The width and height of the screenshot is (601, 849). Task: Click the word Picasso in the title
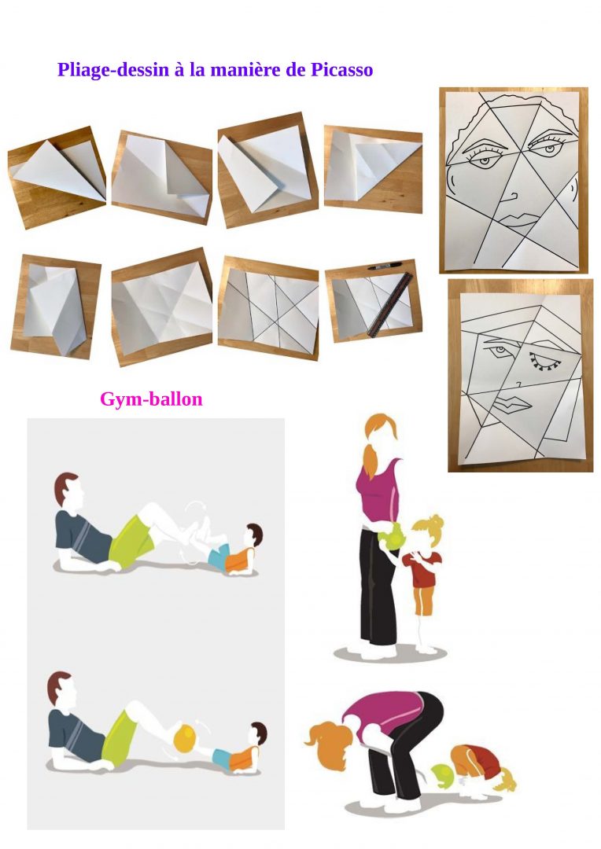click(x=341, y=70)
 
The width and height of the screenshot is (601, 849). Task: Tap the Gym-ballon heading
click(x=151, y=399)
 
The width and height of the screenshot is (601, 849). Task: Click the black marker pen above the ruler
click(x=385, y=266)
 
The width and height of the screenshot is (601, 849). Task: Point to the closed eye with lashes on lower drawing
click(x=544, y=362)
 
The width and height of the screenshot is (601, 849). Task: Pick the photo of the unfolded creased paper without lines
click(x=161, y=307)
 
